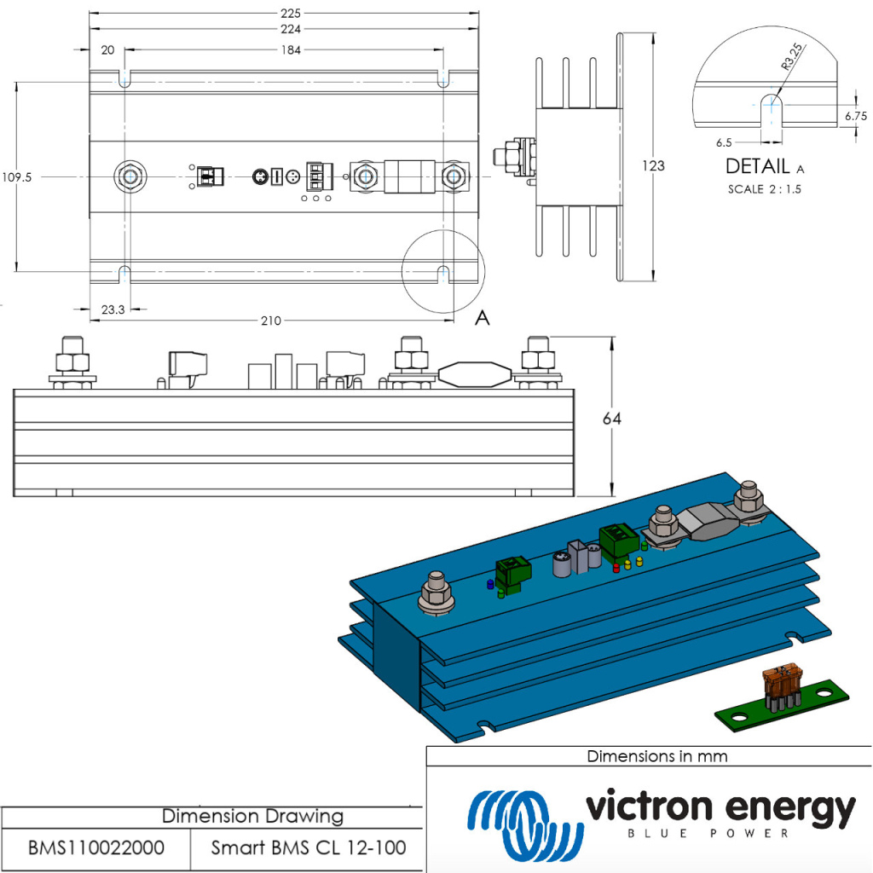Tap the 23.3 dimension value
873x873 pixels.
(113, 309)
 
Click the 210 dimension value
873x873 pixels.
(271, 321)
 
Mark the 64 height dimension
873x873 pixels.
(611, 419)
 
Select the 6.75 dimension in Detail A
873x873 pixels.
(856, 115)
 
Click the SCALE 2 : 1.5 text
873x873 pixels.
(764, 189)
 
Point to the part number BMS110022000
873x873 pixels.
(96, 848)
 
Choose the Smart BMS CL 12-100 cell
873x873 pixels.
(308, 848)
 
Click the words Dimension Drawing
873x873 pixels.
(252, 816)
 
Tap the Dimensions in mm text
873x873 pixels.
(656, 755)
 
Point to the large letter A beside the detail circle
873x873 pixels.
(482, 318)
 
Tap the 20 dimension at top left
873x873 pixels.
(107, 50)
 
